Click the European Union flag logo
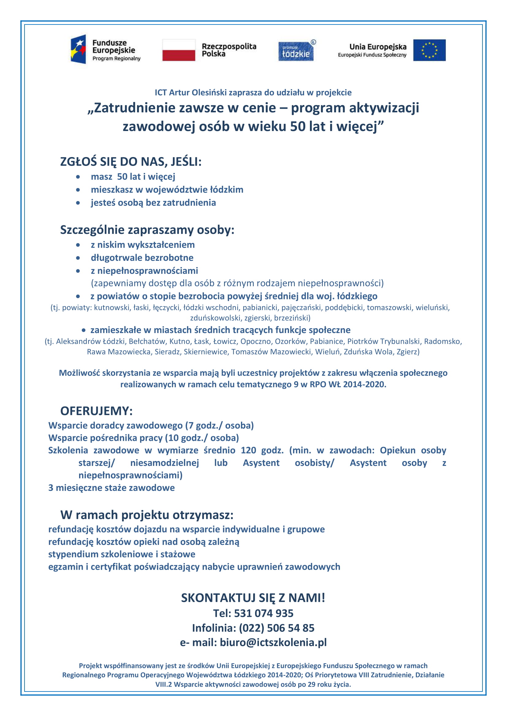[429, 50]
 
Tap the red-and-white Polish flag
[179, 50]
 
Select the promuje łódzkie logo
[296, 51]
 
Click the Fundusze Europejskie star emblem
[79, 49]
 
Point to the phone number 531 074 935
[264, 613]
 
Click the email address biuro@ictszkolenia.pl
[273, 642]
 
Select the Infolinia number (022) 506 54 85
[276, 628]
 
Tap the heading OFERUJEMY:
[97, 411]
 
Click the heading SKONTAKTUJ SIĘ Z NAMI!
[253, 598]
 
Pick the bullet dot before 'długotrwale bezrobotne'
[78, 258]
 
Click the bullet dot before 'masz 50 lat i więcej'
[78, 177]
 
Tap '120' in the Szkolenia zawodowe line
[248, 450]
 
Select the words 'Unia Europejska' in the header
[378, 47]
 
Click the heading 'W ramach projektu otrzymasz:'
[147, 515]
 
